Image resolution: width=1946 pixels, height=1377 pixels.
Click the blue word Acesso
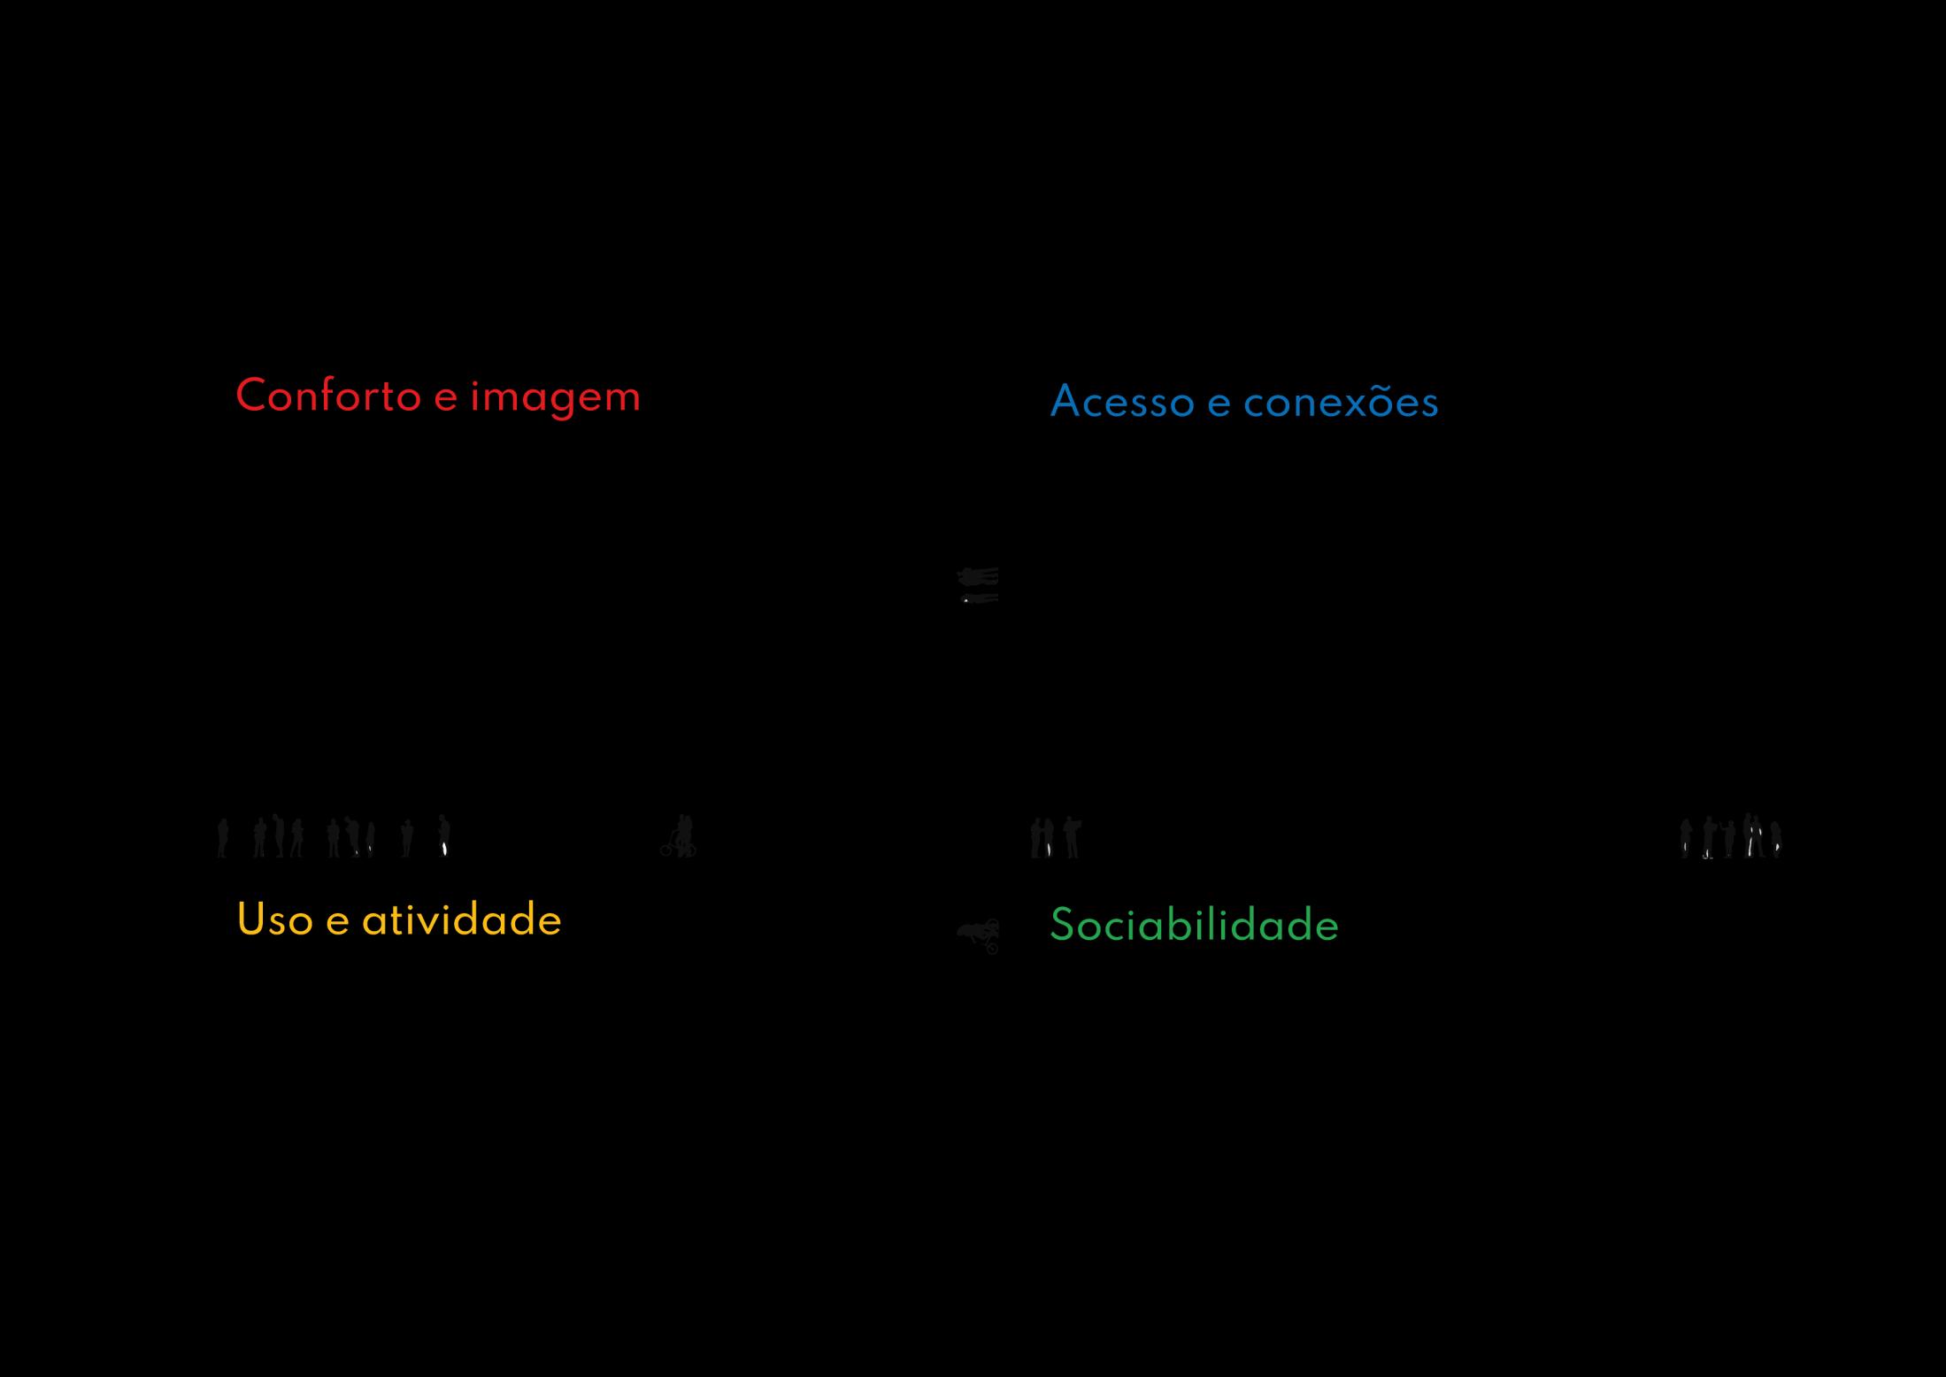1121,403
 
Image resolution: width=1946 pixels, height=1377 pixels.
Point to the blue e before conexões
1219,405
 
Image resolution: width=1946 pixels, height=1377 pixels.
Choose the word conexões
1341,403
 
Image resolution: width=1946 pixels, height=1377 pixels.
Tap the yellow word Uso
274,919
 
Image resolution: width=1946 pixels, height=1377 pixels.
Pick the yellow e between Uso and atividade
337,923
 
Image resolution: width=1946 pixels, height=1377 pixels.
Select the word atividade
461,919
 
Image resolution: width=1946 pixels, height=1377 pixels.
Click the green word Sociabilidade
1194,926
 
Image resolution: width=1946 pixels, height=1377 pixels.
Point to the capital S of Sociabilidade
1061,926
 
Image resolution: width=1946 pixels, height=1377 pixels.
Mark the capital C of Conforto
251,396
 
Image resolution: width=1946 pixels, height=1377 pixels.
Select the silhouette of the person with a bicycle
680,837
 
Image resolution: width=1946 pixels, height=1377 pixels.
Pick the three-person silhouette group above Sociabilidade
1055,837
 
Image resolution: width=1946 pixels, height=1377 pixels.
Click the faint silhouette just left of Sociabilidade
980,935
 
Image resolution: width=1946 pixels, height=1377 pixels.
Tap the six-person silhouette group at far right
1730,836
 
